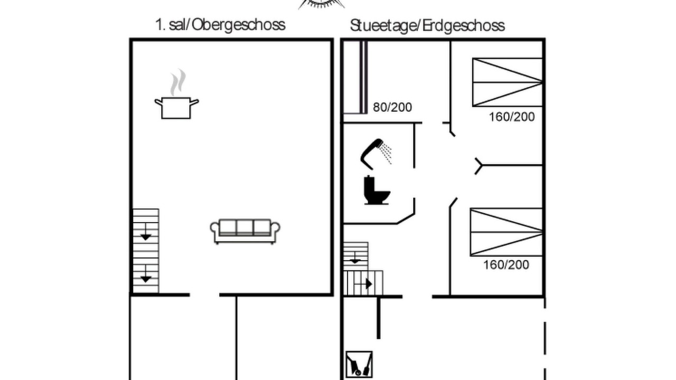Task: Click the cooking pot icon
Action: (x=176, y=108)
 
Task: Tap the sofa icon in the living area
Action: (x=245, y=231)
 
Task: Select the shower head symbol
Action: (x=376, y=154)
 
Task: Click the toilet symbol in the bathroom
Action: (x=377, y=191)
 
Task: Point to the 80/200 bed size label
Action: (x=392, y=107)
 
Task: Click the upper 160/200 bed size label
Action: (x=512, y=117)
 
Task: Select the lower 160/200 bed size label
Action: (x=506, y=265)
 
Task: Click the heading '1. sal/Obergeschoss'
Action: (x=220, y=25)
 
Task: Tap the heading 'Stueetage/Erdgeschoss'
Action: (x=427, y=26)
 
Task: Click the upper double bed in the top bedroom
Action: (x=508, y=82)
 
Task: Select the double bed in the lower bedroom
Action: (x=506, y=232)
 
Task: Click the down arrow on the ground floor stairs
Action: (x=355, y=258)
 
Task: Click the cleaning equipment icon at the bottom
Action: (x=359, y=364)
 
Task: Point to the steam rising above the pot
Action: (x=178, y=82)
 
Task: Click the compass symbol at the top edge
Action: (x=322, y=4)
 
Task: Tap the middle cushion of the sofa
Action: (x=245, y=227)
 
